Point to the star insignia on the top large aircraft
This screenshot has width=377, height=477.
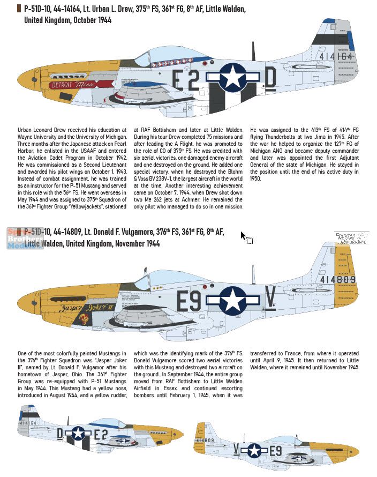(232, 77)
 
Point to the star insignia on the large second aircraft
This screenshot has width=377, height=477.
(233, 301)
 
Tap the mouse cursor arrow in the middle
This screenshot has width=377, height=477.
(243, 235)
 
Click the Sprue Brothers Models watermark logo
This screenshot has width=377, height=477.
(25, 239)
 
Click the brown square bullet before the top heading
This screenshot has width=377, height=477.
(20, 9)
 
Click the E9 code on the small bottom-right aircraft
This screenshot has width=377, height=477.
(274, 450)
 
